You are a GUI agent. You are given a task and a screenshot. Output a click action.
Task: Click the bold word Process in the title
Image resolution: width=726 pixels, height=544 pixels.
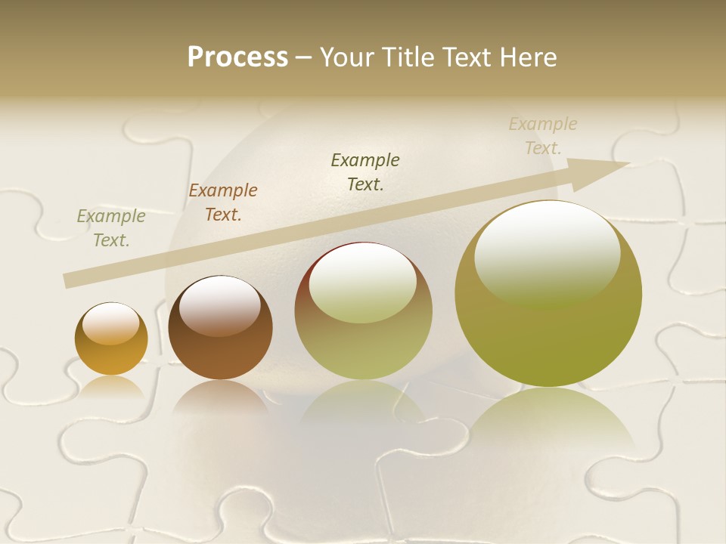tap(237, 57)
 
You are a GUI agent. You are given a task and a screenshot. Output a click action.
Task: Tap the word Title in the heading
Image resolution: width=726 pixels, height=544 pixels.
tap(408, 57)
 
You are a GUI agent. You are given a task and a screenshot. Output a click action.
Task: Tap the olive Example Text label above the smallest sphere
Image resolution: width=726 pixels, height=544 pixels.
tap(110, 228)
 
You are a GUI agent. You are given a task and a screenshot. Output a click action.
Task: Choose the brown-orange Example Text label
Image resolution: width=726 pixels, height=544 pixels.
tap(223, 202)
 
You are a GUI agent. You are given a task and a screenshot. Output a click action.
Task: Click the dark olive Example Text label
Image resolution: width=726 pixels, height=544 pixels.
tap(365, 172)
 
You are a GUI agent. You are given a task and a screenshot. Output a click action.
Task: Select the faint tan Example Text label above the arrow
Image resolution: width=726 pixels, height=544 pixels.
tap(543, 135)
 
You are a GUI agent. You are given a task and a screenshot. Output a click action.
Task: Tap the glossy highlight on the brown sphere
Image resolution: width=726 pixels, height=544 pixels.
tap(220, 302)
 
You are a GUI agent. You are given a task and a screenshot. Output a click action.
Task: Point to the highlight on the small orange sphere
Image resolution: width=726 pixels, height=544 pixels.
tap(110, 323)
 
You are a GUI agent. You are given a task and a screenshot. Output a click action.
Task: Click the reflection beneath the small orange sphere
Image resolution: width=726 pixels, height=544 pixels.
tap(111, 387)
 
